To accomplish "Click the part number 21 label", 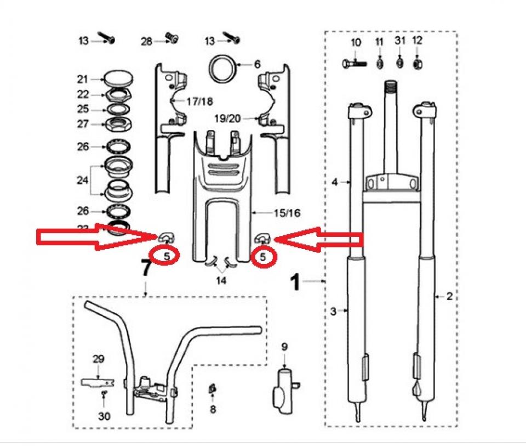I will tap(82, 79).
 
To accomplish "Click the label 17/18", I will tap(199, 101).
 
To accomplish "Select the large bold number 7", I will tap(145, 269).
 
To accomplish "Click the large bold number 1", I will tap(295, 282).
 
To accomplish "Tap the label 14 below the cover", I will tap(221, 280).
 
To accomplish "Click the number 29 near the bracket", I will tap(98, 359).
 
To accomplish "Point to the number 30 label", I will tap(104, 416).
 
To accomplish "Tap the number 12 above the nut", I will tap(417, 41).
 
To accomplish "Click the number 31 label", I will tap(399, 41).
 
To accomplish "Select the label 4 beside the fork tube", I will tap(335, 183).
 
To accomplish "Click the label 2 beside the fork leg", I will tap(449, 297).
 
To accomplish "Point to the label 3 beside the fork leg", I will tap(333, 312).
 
